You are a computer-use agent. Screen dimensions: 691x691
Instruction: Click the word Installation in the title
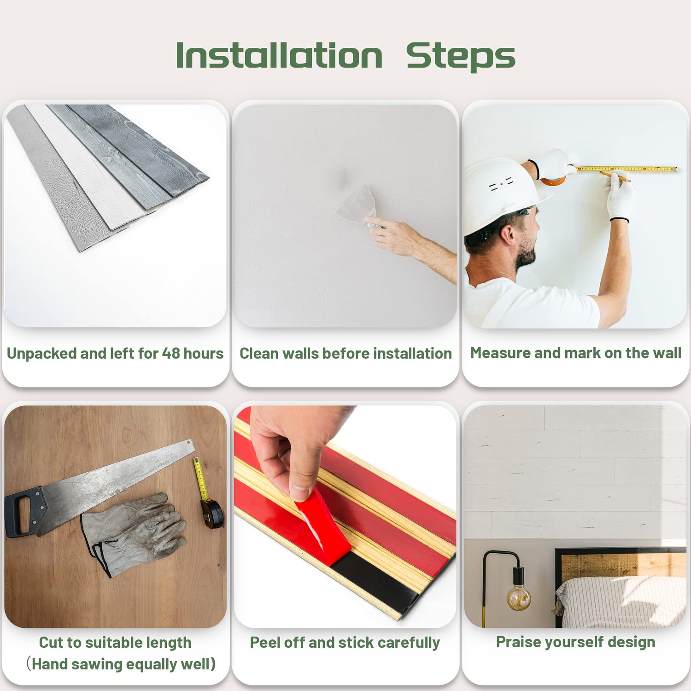(x=279, y=56)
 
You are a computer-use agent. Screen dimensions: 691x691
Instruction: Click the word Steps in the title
(x=460, y=57)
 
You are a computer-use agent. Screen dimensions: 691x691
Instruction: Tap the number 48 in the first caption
(x=171, y=353)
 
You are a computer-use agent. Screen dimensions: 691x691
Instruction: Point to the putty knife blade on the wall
(x=356, y=205)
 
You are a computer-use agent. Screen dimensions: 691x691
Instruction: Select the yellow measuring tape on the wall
(x=627, y=169)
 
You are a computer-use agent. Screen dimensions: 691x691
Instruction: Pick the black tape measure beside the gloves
(x=212, y=513)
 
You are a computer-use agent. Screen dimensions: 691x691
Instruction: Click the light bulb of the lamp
(x=519, y=597)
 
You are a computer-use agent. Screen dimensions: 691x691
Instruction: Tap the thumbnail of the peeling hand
(x=301, y=493)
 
